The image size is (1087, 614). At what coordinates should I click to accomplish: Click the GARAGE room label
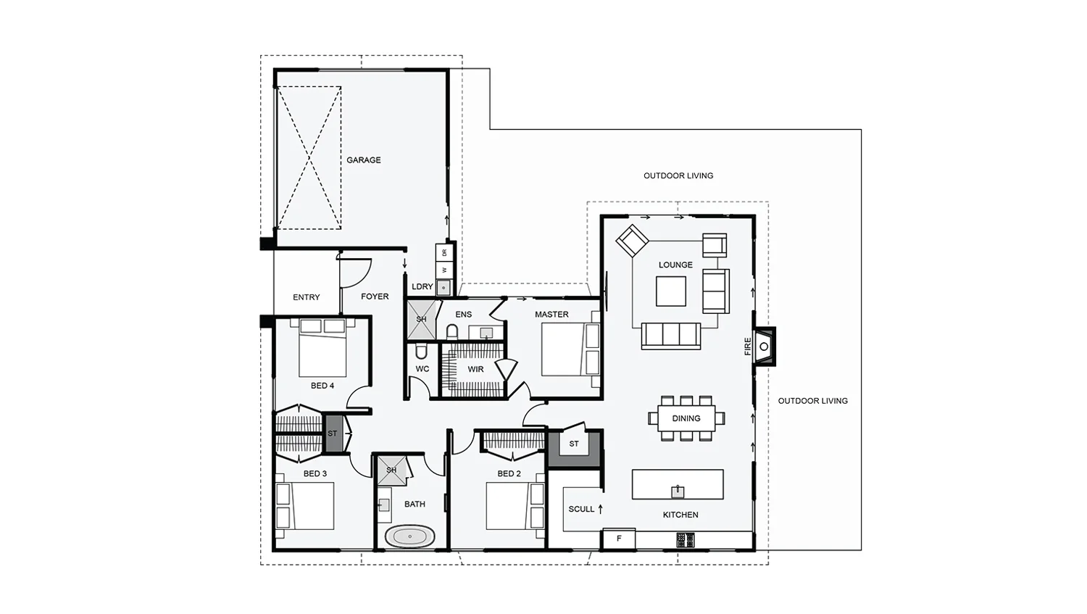[364, 159]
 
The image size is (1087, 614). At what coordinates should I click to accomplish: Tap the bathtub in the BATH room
[410, 536]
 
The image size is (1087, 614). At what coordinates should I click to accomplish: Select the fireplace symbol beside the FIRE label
[764, 347]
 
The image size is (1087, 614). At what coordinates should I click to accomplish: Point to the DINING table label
[686, 418]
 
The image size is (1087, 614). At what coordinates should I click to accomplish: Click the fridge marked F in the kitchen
[619, 539]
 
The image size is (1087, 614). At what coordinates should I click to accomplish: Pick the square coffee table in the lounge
[670, 291]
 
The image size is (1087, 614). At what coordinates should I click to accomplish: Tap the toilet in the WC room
[421, 351]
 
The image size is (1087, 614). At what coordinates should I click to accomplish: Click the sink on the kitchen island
[678, 491]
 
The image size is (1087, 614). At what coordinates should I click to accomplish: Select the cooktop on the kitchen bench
[686, 540]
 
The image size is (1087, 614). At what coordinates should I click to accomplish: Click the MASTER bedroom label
[551, 315]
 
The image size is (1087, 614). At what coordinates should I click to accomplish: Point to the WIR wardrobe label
[475, 370]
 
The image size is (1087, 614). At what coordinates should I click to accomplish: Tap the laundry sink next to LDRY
[443, 288]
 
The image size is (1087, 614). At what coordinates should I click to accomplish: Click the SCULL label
[581, 509]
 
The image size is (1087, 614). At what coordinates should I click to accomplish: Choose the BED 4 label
[322, 386]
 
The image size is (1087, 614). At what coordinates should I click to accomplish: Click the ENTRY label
[307, 297]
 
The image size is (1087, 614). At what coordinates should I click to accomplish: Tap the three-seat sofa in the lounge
[670, 336]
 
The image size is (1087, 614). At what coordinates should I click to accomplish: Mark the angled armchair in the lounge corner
[633, 241]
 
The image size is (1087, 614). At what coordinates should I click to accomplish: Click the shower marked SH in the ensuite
[421, 320]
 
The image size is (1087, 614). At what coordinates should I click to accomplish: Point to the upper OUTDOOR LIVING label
[678, 175]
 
